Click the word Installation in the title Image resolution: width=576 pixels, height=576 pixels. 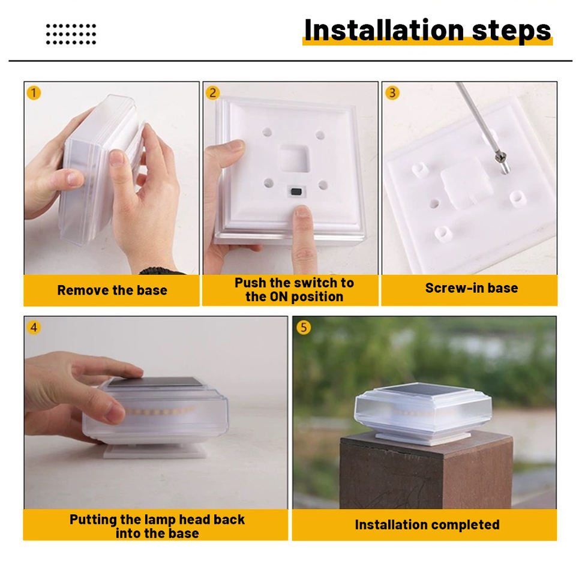coord(384,30)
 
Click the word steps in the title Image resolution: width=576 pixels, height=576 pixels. coord(511,32)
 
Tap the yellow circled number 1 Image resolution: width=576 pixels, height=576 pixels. coord(34,93)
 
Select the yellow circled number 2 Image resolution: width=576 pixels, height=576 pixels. coord(212,93)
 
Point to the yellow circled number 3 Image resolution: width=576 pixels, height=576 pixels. coord(392,93)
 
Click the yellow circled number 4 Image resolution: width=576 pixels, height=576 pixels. coord(34,328)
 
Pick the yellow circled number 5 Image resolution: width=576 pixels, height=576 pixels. coord(304,328)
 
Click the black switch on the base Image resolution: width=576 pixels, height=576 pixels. coord(296,192)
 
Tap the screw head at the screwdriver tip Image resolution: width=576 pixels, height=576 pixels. coord(500,157)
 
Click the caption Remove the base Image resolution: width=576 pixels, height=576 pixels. coord(112,290)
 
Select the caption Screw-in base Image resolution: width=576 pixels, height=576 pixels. coord(472,288)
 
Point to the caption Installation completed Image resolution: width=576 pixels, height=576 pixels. coord(427,524)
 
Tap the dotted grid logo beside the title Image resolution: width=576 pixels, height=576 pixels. coord(71,34)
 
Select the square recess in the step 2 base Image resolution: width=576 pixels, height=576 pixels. coord(294,158)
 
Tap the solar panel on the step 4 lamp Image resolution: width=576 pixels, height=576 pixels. coord(156,382)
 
